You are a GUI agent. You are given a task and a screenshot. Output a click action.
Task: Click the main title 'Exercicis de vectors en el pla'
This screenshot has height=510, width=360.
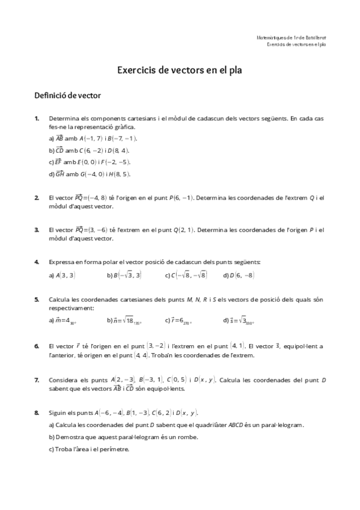point(180,70)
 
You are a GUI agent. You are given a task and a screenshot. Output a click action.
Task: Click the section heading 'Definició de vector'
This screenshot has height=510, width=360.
point(67,95)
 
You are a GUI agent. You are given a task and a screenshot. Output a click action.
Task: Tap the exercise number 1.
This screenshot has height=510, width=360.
point(37,119)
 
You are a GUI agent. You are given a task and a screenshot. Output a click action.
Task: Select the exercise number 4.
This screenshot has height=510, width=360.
point(37,262)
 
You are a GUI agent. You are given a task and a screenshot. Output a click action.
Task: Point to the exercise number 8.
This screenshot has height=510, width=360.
point(37,413)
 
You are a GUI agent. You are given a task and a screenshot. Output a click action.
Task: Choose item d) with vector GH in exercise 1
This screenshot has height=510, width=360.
point(90,174)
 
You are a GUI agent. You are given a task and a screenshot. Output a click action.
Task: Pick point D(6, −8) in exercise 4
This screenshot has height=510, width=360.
point(239,275)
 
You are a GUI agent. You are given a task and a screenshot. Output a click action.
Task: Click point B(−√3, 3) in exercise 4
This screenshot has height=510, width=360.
point(124,275)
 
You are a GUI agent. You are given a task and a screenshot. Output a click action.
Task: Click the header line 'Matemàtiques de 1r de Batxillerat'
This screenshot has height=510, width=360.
point(291,37)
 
